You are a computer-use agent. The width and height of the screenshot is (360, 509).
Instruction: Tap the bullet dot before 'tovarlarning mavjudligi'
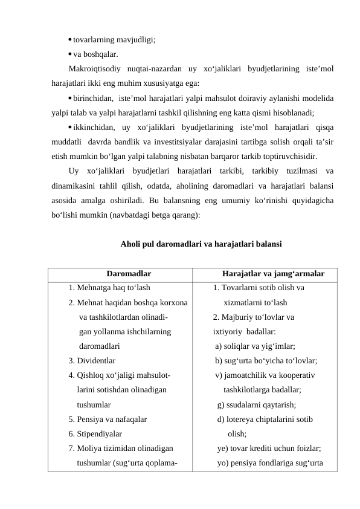coord(70,41)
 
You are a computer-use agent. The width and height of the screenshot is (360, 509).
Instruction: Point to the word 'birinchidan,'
coord(93,98)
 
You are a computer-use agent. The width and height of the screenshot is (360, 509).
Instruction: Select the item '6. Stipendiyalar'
coord(95,433)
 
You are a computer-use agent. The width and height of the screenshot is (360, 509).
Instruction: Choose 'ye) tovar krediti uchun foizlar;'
coord(269,449)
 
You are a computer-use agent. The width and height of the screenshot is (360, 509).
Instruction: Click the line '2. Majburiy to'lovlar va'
coord(254,317)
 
